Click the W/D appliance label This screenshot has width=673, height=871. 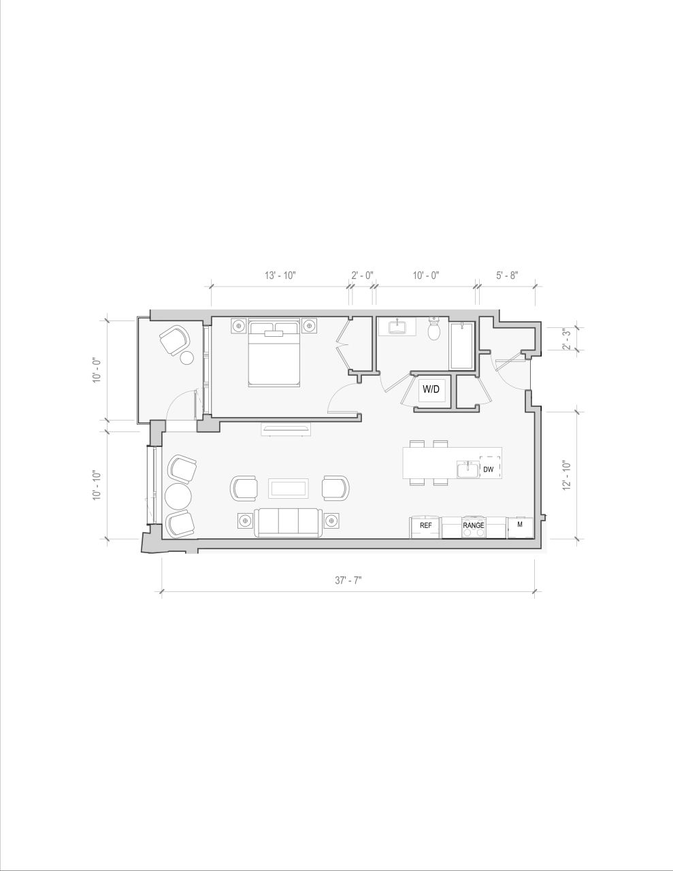point(431,389)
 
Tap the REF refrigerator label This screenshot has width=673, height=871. point(425,525)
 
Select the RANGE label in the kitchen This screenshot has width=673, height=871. point(474,525)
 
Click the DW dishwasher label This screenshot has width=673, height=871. point(488,470)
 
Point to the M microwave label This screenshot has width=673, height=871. point(520,525)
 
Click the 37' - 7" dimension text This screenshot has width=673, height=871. point(348,580)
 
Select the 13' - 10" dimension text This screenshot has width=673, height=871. point(280,276)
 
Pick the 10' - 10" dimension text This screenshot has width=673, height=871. point(97,485)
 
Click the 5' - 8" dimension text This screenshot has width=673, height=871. point(507,276)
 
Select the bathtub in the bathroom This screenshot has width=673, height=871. point(461,346)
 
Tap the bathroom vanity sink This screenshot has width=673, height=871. point(397,327)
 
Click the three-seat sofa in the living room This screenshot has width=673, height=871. point(289,522)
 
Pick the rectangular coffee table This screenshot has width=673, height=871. point(289,488)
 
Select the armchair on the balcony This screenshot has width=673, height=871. point(174,339)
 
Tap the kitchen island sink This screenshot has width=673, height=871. point(468,470)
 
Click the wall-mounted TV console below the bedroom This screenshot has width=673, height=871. point(286,429)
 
